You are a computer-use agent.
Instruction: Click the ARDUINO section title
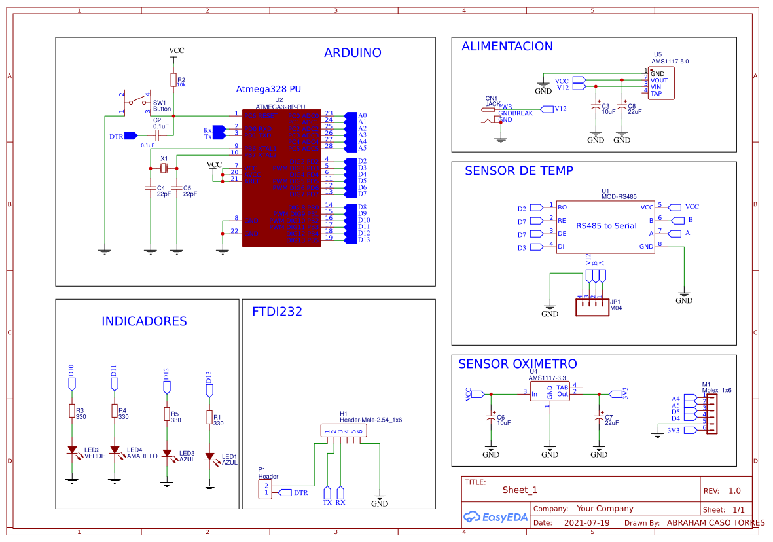coord(352,53)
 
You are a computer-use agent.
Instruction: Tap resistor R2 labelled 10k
coord(173,80)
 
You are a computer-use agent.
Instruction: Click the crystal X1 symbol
coord(164,169)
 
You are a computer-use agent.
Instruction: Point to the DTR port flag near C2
coord(130,136)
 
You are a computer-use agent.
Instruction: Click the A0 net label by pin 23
coord(362,115)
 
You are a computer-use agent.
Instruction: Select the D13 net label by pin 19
coord(364,240)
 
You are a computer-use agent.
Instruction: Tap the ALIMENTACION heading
coord(507,46)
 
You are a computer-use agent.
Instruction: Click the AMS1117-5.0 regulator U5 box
coord(662,83)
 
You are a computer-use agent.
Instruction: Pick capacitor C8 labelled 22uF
coord(622,108)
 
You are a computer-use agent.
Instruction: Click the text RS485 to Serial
coord(605,226)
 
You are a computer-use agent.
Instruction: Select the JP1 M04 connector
coord(592,307)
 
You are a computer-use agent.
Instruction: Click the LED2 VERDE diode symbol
coord(72,451)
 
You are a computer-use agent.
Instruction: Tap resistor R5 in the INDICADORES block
coord(167,415)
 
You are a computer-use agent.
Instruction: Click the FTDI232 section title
coord(277,312)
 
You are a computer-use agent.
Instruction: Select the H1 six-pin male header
coord(342,431)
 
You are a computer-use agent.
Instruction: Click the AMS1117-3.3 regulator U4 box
coord(550,393)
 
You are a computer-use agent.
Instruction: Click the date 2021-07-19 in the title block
coord(586,523)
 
